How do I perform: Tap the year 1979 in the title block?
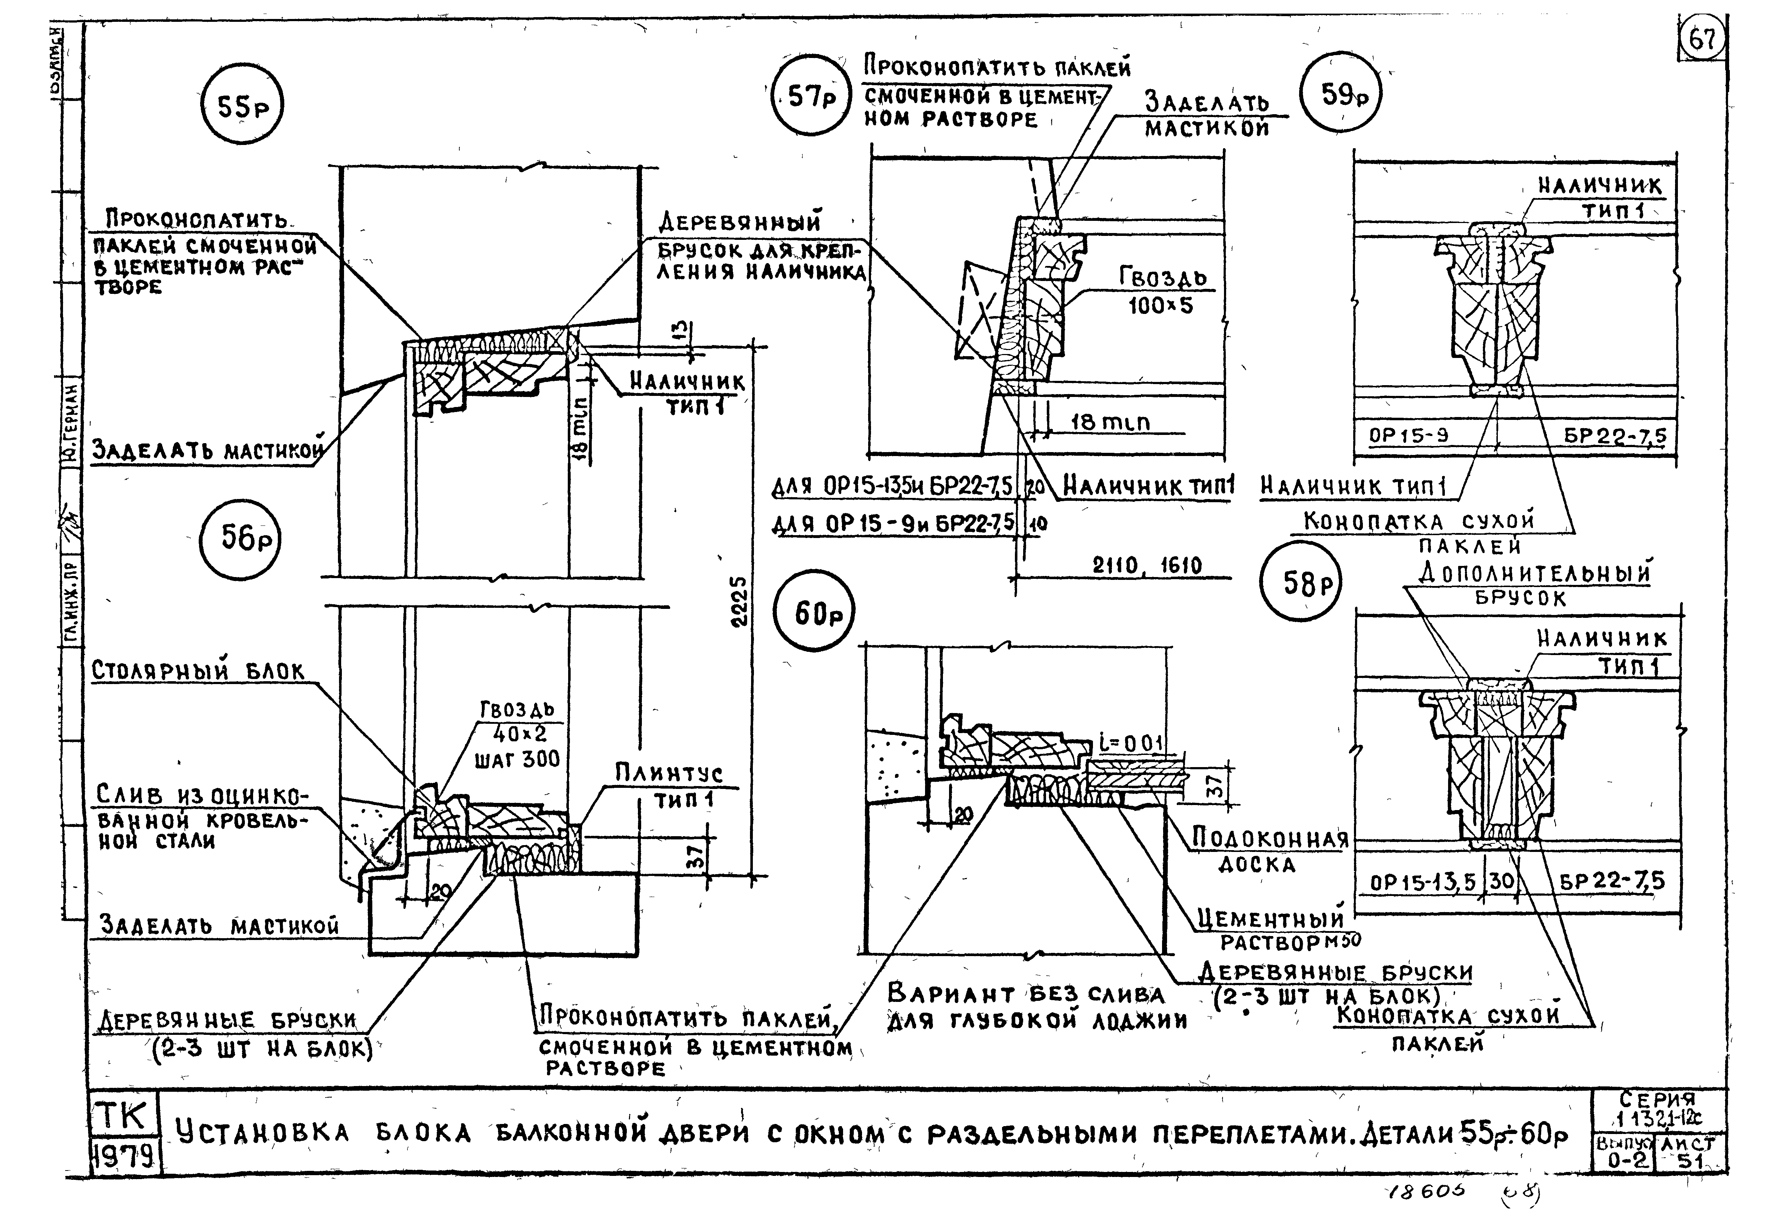125,1154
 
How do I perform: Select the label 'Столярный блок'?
198,670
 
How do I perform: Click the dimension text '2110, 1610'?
1147,566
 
